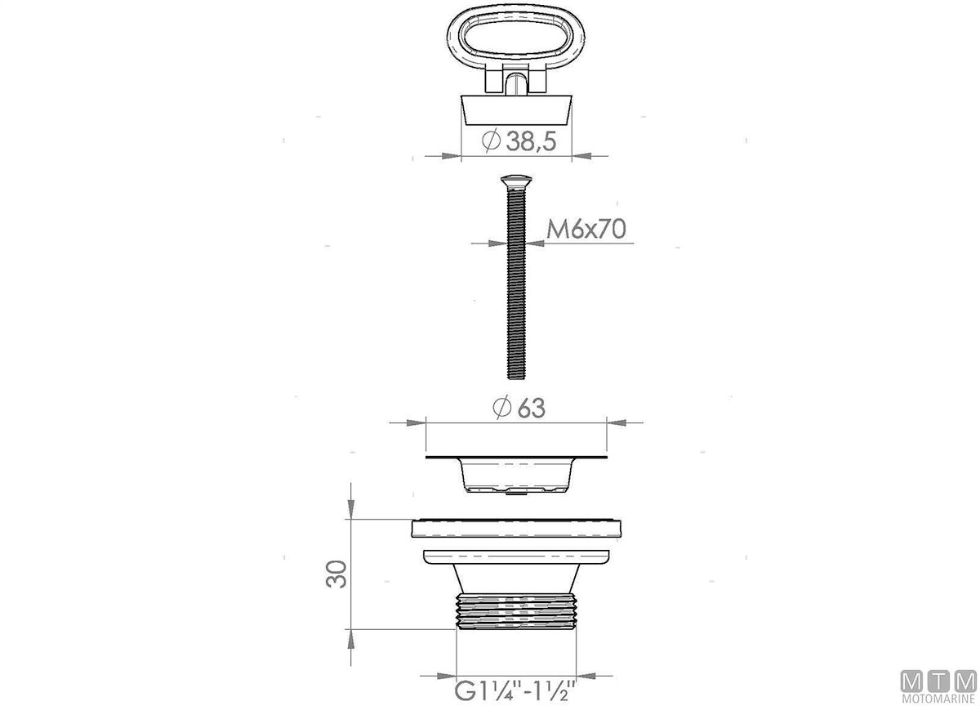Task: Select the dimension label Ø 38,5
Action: coord(519,141)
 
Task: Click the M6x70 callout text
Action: coord(586,229)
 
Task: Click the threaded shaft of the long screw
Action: coord(516,284)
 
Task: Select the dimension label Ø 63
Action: coord(519,408)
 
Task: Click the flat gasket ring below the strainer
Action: coord(516,529)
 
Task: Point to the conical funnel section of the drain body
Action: coord(516,579)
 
